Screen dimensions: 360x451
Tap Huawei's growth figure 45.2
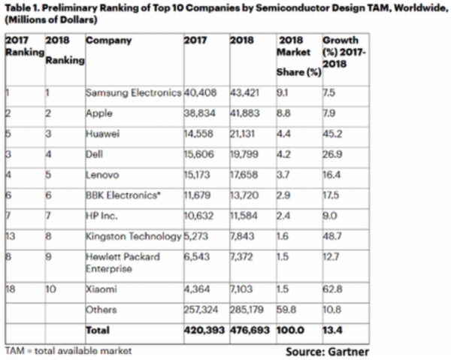tap(331, 135)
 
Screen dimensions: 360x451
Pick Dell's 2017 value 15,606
tap(198, 156)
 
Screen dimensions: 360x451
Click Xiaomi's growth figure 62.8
tap(331, 289)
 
